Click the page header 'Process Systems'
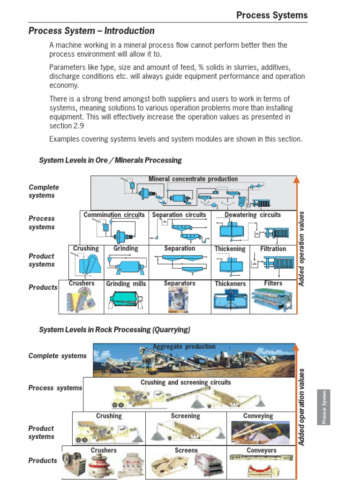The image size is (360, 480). click(x=272, y=15)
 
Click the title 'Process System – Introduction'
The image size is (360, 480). click(x=91, y=31)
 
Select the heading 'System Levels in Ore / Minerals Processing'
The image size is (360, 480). click(x=110, y=160)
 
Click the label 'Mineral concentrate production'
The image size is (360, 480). click(x=193, y=179)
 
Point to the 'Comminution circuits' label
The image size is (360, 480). click(x=114, y=215)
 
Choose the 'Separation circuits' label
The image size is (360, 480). click(x=179, y=215)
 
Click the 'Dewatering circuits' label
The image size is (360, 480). click(x=253, y=215)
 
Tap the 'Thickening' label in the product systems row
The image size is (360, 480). click(x=230, y=249)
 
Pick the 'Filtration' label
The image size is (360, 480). click(x=273, y=249)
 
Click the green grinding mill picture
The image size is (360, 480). click(x=126, y=300)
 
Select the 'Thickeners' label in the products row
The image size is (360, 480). click(x=230, y=284)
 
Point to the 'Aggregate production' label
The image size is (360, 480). click(x=184, y=347)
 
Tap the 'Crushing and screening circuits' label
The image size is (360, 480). click(x=186, y=382)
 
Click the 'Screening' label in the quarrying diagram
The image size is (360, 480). click(x=186, y=416)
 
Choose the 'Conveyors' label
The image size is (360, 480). click(x=262, y=450)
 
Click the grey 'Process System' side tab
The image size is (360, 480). click(x=323, y=407)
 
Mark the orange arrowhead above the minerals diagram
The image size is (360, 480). click(x=296, y=179)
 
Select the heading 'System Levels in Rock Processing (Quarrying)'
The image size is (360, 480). click(x=114, y=330)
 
